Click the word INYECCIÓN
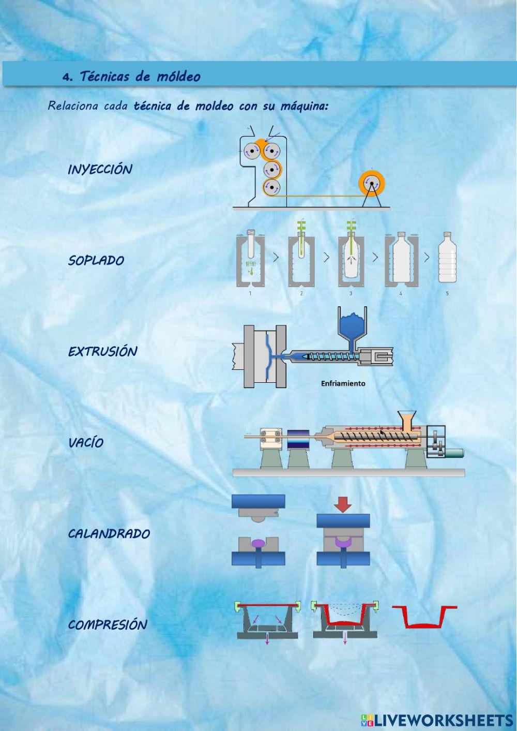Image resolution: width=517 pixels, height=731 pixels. click(100, 170)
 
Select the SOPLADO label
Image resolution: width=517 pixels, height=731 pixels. click(96, 260)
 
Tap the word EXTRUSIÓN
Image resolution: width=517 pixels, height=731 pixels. click(103, 351)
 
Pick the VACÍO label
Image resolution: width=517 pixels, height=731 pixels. click(86, 442)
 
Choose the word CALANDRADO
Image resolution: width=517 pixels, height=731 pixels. click(109, 534)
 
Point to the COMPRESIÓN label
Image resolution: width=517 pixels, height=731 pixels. click(108, 625)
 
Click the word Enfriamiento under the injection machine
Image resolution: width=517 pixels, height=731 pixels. click(343, 383)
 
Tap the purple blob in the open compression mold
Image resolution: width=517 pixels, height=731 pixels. click(258, 543)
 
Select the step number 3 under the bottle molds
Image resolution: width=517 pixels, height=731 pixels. click(351, 293)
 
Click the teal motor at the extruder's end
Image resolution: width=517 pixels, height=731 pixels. click(454, 453)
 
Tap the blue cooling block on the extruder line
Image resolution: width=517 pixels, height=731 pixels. click(298, 439)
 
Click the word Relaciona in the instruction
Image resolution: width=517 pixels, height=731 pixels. click(73, 106)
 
